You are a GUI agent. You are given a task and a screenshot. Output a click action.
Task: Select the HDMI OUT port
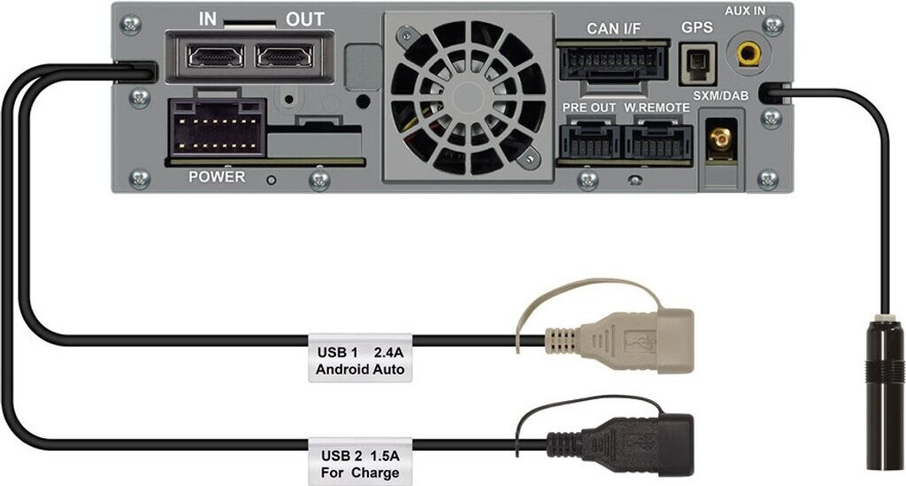point(283,56)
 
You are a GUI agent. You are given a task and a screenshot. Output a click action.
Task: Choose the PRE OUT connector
point(589,139)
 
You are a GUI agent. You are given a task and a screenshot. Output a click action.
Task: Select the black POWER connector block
point(218,126)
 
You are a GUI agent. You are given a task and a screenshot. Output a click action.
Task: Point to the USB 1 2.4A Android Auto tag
point(360,359)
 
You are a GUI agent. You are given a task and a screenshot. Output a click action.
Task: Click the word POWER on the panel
point(217,177)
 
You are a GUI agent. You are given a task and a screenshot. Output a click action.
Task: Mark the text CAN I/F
point(613,28)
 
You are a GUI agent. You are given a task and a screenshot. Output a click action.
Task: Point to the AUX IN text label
point(745,11)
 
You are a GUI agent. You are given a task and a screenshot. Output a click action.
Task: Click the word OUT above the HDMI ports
point(304,19)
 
